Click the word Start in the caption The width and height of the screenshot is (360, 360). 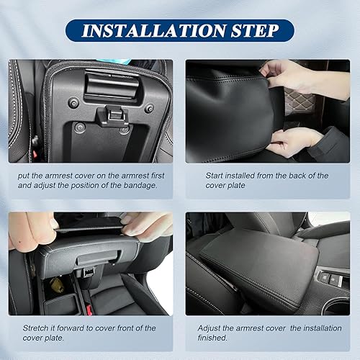pos(211,176)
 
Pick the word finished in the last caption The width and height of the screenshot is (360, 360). pos(215,338)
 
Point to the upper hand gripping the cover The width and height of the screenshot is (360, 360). pos(288,74)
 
